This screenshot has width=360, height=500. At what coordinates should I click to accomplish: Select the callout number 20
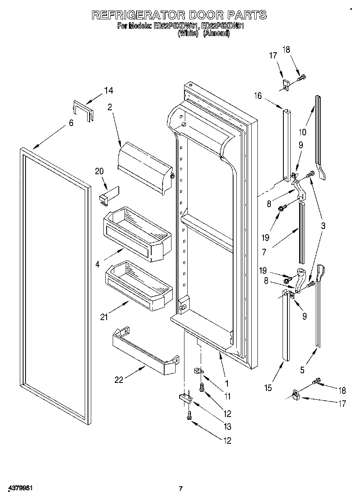coord(99,171)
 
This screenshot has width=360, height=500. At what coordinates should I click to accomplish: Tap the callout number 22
coord(119,380)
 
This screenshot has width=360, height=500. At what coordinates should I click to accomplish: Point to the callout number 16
coord(258,96)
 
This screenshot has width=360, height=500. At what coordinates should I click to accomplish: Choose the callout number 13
coord(227,426)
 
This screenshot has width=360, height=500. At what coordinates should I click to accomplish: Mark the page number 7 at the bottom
coord(181,488)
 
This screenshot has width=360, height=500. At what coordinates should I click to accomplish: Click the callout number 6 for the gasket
coord(71,123)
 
